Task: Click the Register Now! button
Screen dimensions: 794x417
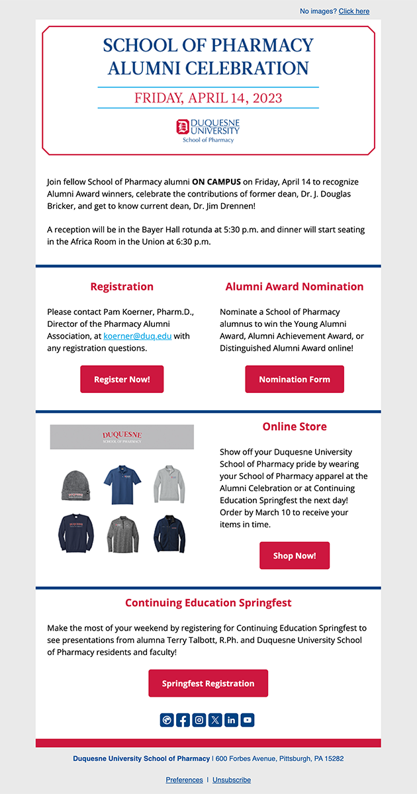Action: point(122,379)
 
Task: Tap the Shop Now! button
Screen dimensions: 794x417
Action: point(295,556)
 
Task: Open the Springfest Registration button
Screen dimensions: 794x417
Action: point(208,684)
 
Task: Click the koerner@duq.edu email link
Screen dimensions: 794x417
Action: point(138,336)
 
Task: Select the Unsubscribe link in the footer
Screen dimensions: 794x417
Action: point(232,780)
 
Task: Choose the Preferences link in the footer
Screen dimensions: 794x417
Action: point(184,780)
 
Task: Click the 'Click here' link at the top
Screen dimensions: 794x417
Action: point(354,11)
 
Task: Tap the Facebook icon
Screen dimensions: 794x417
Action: point(183,720)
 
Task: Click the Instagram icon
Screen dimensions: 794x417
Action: point(199,720)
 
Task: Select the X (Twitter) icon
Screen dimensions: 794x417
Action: point(215,720)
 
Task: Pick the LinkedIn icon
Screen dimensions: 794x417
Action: point(231,720)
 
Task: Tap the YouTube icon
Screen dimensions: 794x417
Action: point(247,720)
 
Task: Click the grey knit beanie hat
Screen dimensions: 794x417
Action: point(75,485)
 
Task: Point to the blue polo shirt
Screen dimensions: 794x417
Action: point(122,484)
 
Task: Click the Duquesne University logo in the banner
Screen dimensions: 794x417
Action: point(208,130)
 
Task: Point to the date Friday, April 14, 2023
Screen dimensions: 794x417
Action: point(208,99)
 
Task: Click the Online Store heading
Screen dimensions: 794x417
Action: point(295,427)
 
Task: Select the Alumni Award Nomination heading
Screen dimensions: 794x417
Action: point(295,287)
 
